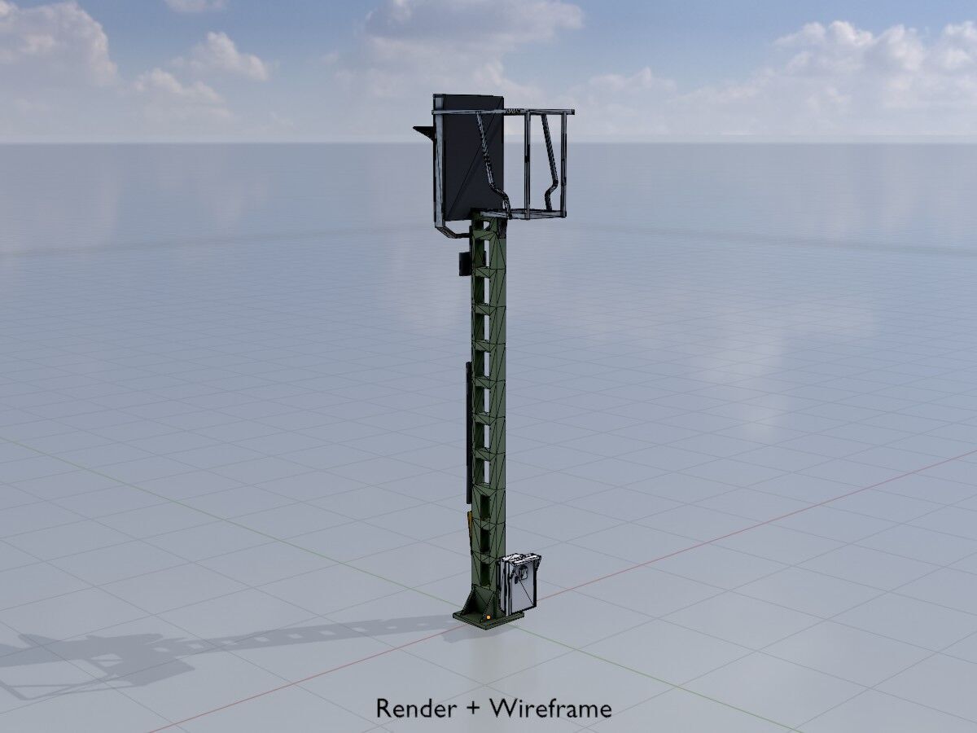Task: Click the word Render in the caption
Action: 415,709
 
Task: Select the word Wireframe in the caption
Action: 550,709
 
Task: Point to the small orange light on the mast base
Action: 487,616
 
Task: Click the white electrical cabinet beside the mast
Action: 521,582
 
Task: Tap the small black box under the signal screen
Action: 463,262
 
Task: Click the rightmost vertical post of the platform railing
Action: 564,163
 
